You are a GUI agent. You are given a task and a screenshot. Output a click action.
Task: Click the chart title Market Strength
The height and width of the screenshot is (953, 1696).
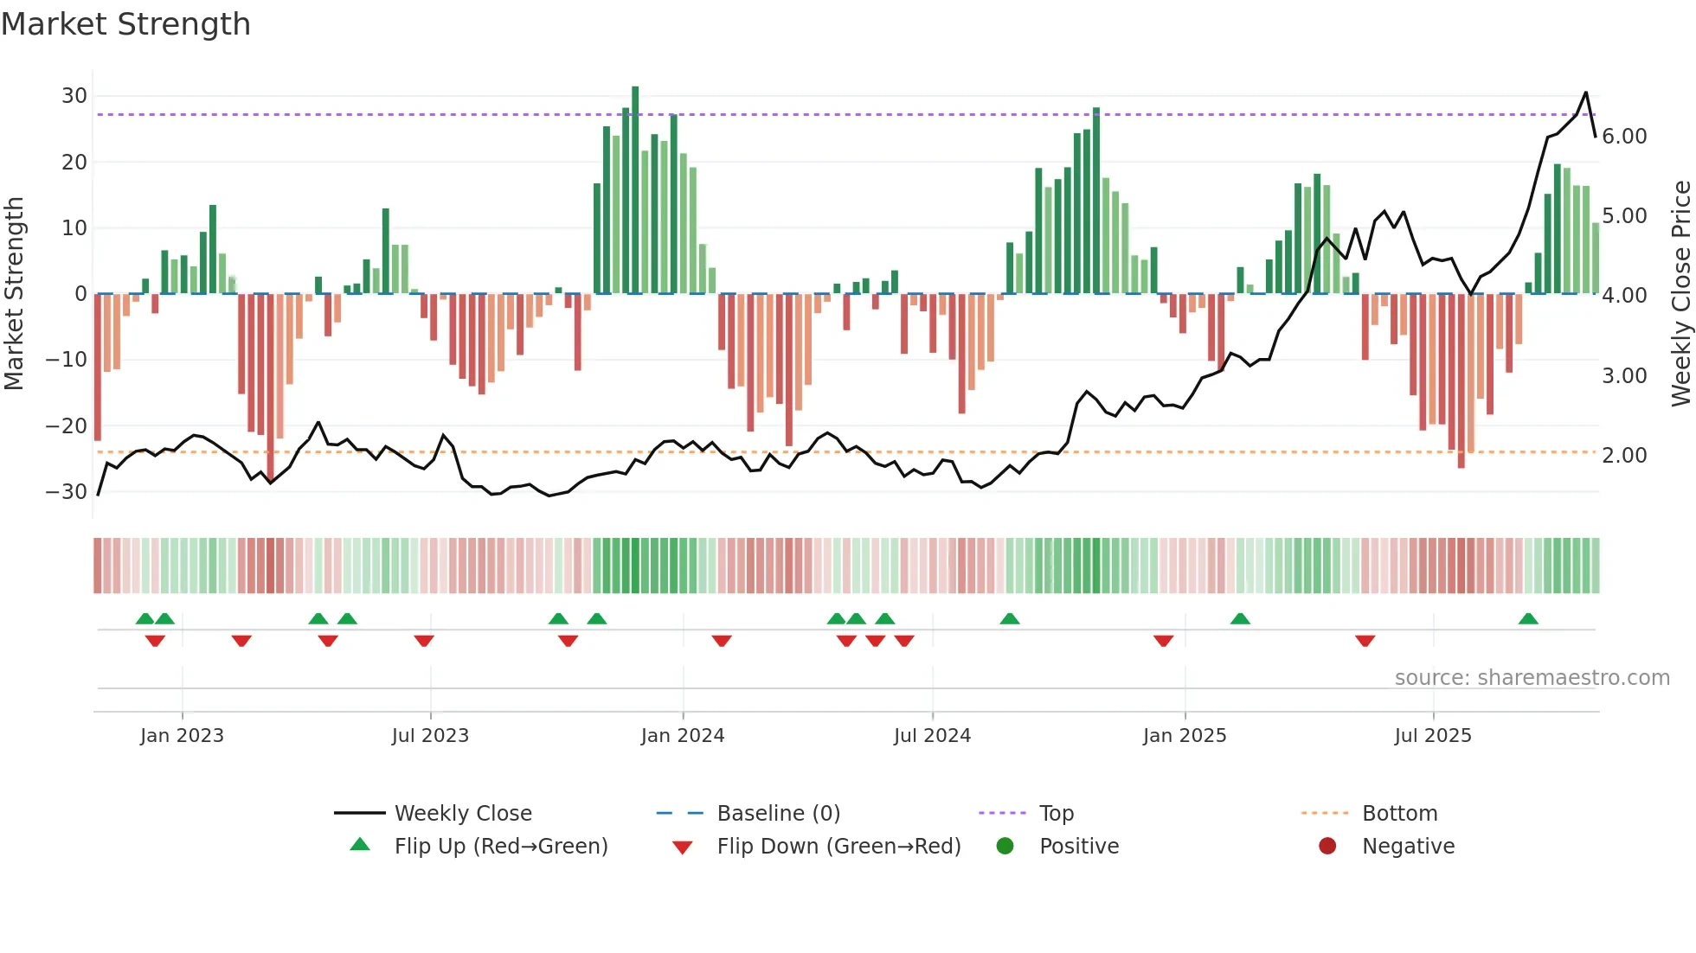[125, 24]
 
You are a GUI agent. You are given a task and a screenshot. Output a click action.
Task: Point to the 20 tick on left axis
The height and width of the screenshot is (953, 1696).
[74, 163]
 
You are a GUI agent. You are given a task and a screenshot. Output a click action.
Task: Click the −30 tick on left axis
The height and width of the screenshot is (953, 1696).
[67, 492]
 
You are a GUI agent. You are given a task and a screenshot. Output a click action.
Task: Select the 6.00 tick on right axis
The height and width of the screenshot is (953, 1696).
[1624, 137]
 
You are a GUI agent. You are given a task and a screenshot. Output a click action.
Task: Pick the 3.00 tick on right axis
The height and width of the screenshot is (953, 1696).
[1624, 376]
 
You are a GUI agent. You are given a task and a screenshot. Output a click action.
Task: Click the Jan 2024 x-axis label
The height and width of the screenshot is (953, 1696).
[682, 736]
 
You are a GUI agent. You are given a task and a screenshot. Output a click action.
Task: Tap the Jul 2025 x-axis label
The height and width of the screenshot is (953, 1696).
[1432, 736]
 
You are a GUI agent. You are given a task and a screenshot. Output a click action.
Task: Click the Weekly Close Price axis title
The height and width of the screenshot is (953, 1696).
[1680, 294]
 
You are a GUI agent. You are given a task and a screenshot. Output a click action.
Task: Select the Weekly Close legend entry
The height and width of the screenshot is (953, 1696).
[462, 814]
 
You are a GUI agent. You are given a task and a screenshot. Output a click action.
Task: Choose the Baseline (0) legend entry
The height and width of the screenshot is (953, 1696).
[778, 814]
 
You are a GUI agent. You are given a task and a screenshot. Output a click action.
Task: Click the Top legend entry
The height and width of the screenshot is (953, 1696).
[1056, 814]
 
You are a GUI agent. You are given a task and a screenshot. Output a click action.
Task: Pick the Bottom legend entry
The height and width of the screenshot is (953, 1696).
[1399, 814]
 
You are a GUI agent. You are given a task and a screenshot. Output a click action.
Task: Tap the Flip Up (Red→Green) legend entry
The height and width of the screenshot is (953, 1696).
[500, 847]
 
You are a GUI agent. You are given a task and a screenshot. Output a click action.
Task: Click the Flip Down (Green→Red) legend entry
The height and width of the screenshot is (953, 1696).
[838, 847]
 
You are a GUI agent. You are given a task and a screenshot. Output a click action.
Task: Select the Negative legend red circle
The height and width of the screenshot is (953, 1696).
[1327, 846]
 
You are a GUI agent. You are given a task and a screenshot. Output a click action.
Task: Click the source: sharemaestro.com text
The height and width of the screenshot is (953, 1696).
[1532, 678]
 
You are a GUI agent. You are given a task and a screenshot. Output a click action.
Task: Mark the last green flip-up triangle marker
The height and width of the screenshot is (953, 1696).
[1528, 619]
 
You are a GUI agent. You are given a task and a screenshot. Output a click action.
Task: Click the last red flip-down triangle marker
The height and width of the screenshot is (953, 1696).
[1365, 641]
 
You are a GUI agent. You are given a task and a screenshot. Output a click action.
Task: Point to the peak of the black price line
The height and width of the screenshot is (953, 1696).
[1586, 93]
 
